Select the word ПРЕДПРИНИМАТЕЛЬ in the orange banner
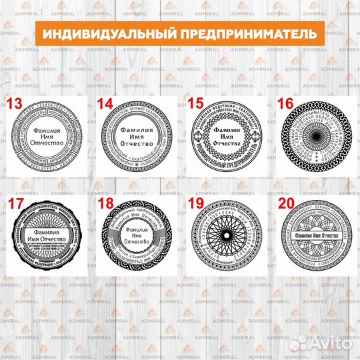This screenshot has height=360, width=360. [x=243, y=33]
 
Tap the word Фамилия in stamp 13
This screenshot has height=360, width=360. [x=47, y=132]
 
